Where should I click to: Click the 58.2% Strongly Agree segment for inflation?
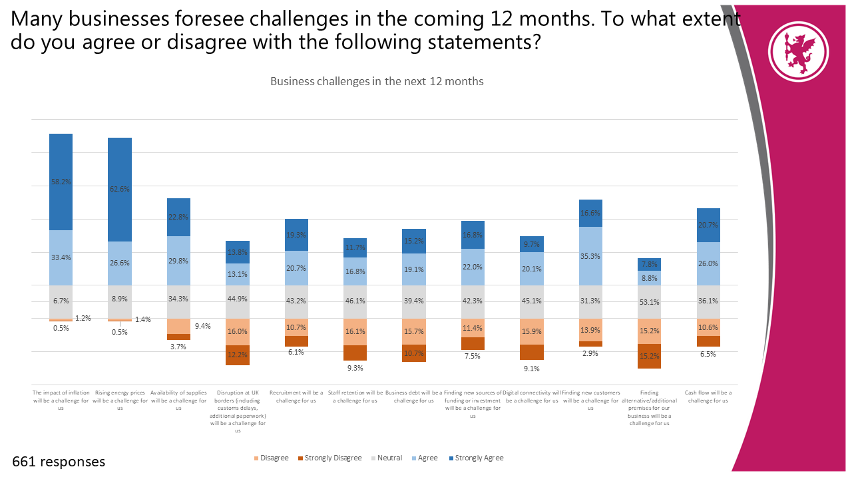[x=61, y=182]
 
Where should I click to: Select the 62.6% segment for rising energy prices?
[x=120, y=189]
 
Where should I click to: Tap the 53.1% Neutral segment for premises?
[x=649, y=302]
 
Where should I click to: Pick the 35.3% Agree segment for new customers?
[x=590, y=255]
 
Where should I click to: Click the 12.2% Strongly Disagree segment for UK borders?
[x=237, y=355]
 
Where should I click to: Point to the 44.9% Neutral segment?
[x=237, y=302]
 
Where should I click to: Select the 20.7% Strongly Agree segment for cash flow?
[x=708, y=225]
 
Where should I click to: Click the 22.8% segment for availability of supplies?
[x=178, y=217]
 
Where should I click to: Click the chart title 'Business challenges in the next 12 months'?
[x=377, y=81]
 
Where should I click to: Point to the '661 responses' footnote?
[x=59, y=462]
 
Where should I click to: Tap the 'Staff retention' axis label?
[x=355, y=397]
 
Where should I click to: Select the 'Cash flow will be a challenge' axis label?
[x=708, y=397]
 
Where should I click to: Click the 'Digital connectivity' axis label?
[x=532, y=397]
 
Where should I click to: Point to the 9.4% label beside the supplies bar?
[x=202, y=326]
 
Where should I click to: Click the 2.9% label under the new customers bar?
[x=590, y=353]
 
